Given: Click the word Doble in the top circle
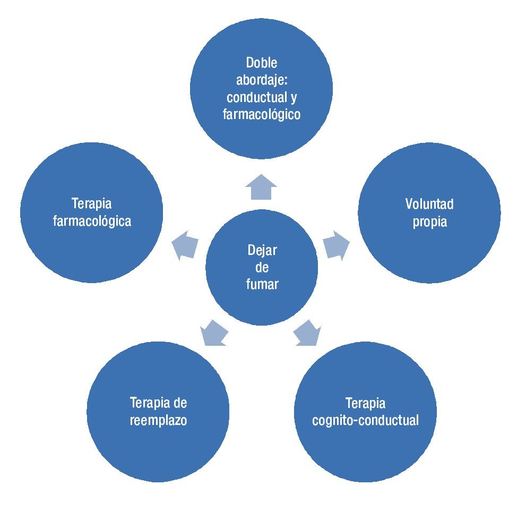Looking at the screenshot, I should [x=262, y=63].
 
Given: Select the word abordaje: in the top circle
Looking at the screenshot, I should [x=262, y=80].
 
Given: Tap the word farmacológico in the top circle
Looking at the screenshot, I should [x=262, y=114].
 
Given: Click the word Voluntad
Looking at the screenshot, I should [x=429, y=204].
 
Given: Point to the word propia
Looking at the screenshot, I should [x=430, y=222].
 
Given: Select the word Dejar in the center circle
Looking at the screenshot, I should [x=262, y=250].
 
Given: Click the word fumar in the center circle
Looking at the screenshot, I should [x=262, y=284].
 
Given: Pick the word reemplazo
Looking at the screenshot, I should [x=159, y=420].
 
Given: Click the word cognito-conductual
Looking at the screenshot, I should [x=365, y=420].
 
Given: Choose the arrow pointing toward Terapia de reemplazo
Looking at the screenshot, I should [x=214, y=334].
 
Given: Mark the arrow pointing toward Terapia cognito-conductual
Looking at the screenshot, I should [x=308, y=334].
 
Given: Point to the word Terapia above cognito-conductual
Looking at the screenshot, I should [x=365, y=403].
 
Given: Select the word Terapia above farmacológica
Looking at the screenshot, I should [x=92, y=204].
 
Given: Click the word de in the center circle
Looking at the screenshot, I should [x=262, y=267].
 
